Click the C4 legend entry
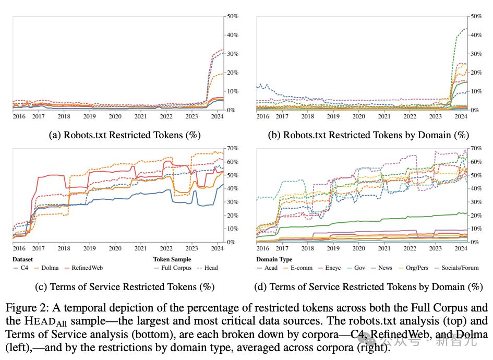21,268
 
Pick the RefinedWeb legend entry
84,268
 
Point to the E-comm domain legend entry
297,268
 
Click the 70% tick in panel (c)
233,148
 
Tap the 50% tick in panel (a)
233,17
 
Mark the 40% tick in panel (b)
476,35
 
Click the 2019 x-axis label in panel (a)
89,117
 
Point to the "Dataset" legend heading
22,259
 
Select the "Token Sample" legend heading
172,259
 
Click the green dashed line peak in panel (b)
466,29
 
